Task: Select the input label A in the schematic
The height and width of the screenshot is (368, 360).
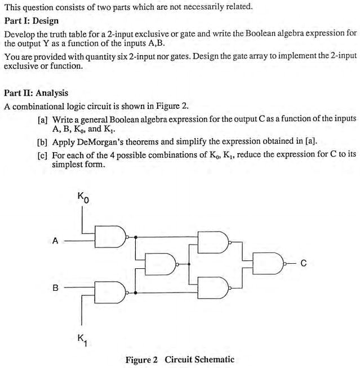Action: (55, 241)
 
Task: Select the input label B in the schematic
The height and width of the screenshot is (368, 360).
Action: (55, 288)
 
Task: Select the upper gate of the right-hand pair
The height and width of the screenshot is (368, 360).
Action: (214, 241)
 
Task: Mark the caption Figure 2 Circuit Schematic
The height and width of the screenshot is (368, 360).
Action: (180, 360)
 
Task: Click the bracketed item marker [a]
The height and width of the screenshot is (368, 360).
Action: (42, 120)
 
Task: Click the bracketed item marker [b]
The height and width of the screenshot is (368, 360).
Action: (42, 140)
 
